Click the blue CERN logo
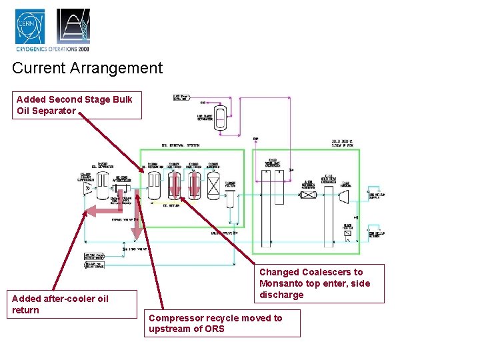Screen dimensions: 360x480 (x=31, y=26)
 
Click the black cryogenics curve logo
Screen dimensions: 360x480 (x=73, y=26)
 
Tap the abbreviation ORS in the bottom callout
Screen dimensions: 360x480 (x=214, y=329)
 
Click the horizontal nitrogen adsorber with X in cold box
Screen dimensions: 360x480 (x=309, y=194)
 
